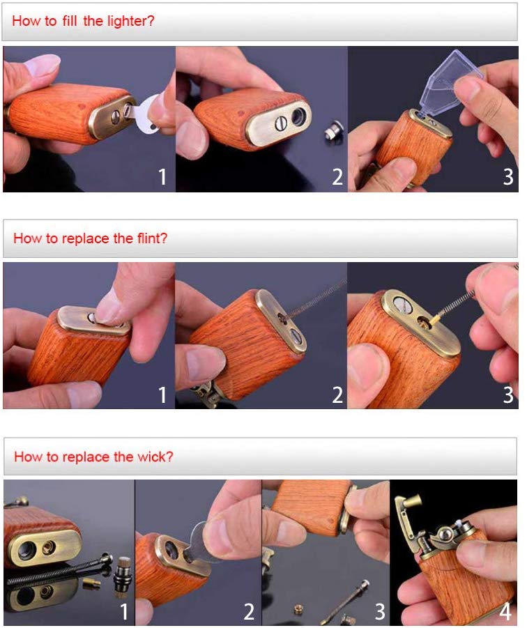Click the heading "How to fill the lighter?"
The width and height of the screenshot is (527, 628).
pyautogui.click(x=83, y=20)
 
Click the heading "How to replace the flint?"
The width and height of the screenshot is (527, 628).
pyautogui.click(x=90, y=238)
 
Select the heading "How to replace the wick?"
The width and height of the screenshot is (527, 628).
pyautogui.click(x=93, y=457)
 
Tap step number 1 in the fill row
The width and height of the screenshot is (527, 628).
pyautogui.click(x=162, y=176)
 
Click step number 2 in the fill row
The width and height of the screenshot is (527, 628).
pyautogui.click(x=337, y=176)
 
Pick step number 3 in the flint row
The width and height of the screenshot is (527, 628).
pyautogui.click(x=508, y=395)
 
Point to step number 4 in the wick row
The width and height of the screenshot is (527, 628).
pyautogui.click(x=505, y=612)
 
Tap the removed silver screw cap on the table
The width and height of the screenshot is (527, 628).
pyautogui.click(x=332, y=130)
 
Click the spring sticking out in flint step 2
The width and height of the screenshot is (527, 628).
pyautogui.click(x=314, y=300)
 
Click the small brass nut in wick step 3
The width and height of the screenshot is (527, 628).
pyautogui.click(x=298, y=608)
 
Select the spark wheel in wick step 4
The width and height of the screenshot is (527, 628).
pyautogui.click(x=445, y=535)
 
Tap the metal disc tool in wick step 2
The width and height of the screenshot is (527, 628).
pyautogui.click(x=200, y=541)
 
